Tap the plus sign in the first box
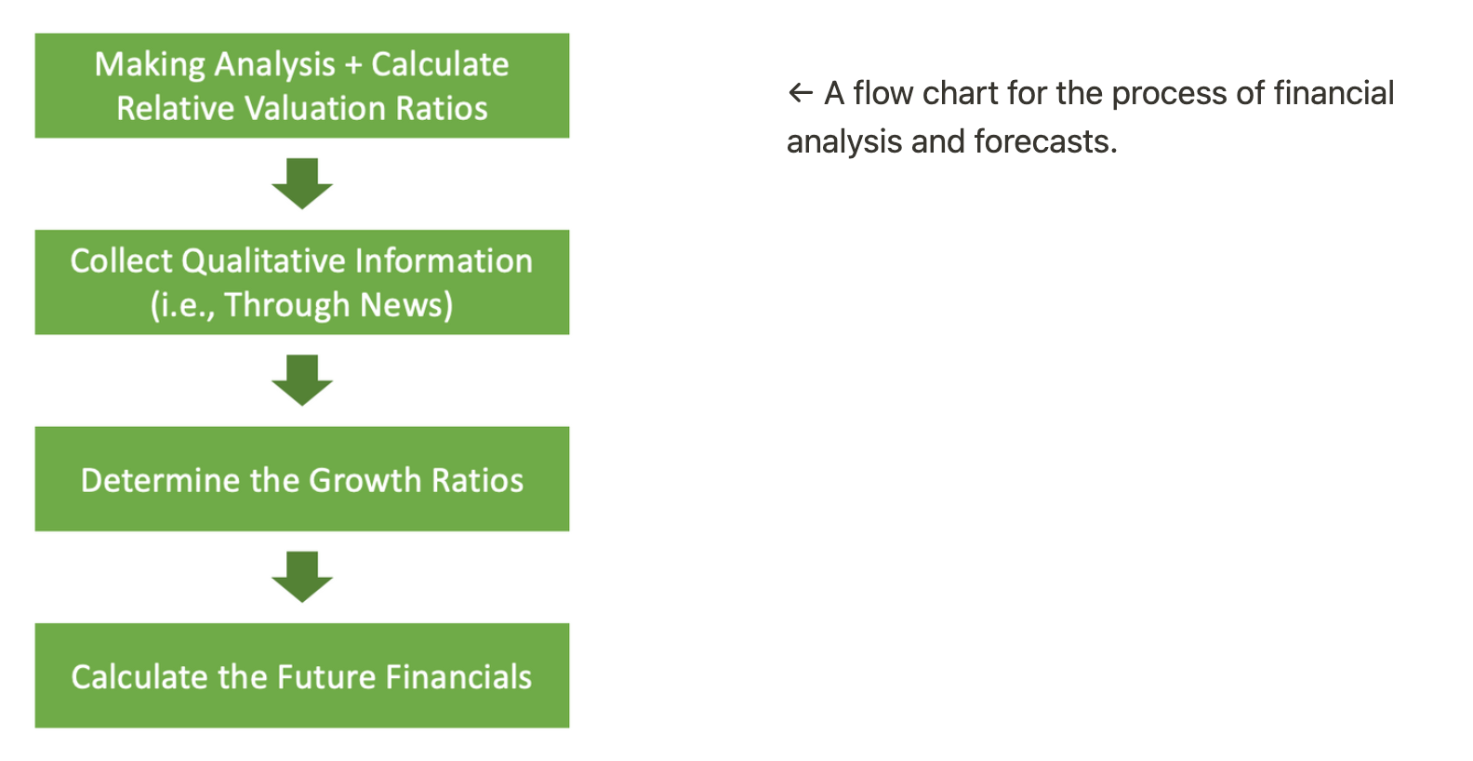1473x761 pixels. pos(353,64)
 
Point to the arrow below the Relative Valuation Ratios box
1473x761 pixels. pos(302,183)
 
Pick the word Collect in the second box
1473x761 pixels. pos(122,260)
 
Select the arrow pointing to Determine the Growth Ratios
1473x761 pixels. pos(302,380)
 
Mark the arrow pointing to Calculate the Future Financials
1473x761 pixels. pos(302,577)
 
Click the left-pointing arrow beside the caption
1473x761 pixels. pos(801,93)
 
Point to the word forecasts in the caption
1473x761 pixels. pos(1045,141)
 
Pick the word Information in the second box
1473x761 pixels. pos(445,260)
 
